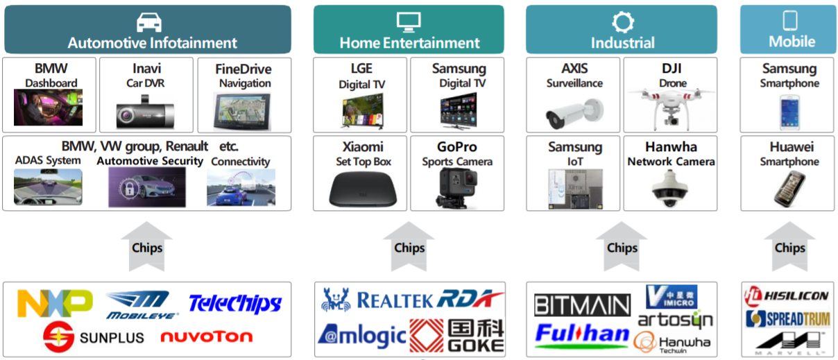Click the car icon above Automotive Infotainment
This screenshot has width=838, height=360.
pos(149,22)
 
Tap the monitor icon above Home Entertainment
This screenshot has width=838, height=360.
pos(409,21)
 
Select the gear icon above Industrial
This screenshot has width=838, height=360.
pos(622,22)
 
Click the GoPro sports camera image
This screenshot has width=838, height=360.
pos(457,188)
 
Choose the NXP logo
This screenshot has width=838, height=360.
pos(55,302)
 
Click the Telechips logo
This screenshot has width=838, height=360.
pos(234,303)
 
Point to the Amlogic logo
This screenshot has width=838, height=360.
pos(361,335)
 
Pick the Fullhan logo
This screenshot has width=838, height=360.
pos(582,335)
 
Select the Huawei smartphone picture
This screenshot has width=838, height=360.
pos(789,187)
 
